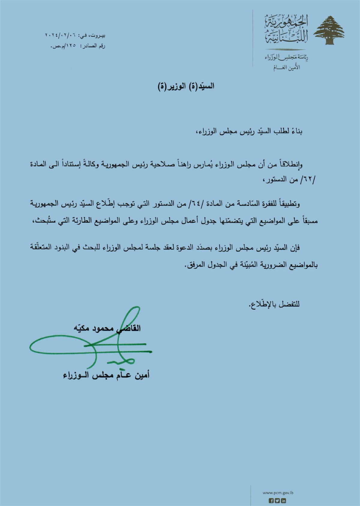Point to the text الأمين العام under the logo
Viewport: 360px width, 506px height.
pos(287,68)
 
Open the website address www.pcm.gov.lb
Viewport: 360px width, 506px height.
pos(274,493)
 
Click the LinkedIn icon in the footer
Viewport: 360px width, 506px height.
pos(283,500)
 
